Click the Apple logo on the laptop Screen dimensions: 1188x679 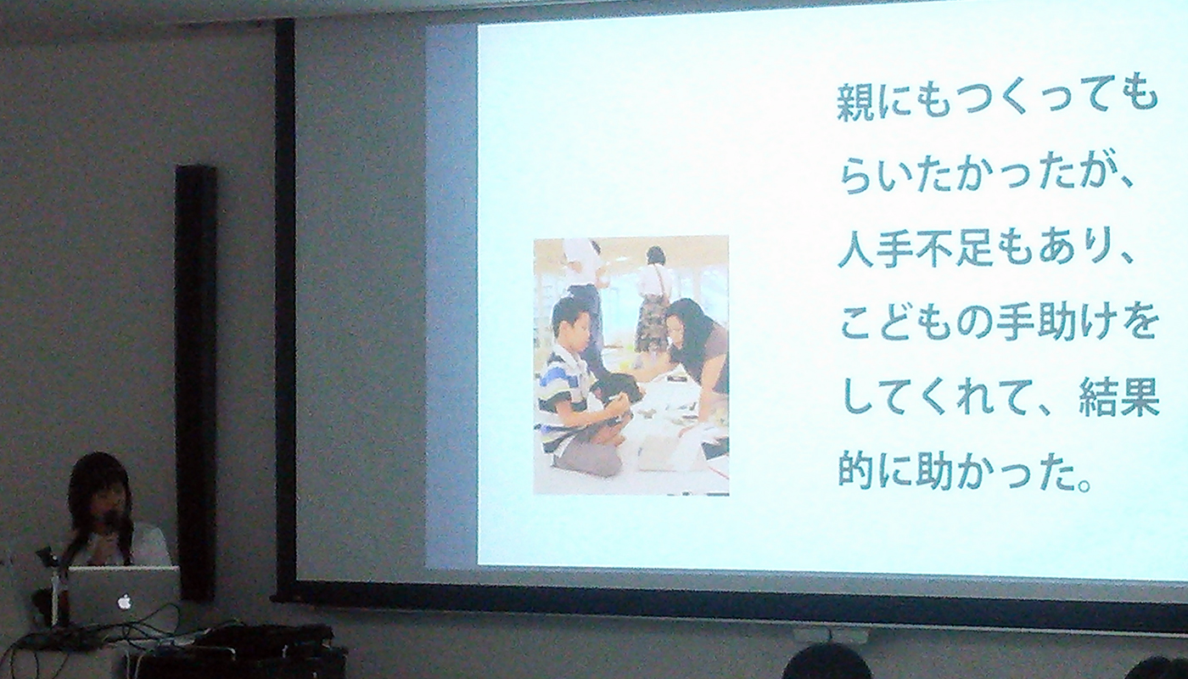(124, 602)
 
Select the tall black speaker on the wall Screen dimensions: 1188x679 (196, 382)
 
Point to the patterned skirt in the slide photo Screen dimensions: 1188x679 (653, 323)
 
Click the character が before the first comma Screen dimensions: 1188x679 (1098, 177)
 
